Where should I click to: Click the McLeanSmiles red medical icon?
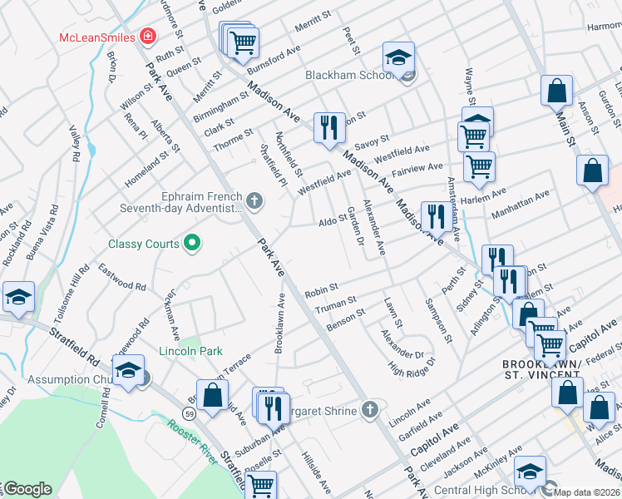(x=148, y=36)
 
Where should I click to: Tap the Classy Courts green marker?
(x=192, y=244)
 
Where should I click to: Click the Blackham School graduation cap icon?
(x=398, y=57)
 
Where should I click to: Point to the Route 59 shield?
(x=189, y=413)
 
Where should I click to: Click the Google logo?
(x=27, y=489)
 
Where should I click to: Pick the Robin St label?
(x=321, y=291)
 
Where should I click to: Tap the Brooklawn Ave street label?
(x=280, y=324)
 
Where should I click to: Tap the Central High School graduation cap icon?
(x=529, y=472)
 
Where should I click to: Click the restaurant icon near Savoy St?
(x=329, y=127)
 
